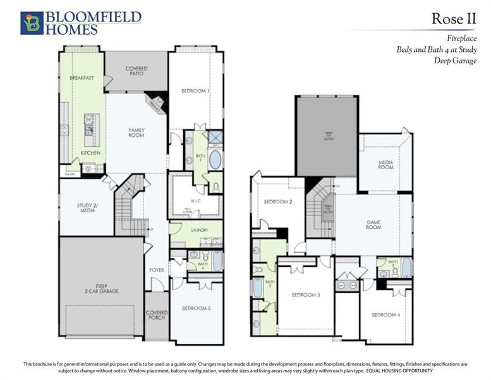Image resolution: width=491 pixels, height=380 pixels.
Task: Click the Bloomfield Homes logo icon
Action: point(31,23)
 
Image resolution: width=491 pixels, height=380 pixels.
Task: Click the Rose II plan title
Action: point(453,18)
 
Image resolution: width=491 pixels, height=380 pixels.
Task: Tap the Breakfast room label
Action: point(82,78)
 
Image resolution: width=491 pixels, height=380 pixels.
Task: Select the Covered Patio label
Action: point(136,71)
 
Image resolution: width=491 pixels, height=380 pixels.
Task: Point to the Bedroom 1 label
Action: point(195,91)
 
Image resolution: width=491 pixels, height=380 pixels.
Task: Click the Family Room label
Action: point(136,133)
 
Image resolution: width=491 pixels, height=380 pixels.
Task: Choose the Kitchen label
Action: point(90,153)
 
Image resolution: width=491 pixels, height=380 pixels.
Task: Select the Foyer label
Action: point(157,270)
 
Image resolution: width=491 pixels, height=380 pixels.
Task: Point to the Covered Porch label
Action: point(157,315)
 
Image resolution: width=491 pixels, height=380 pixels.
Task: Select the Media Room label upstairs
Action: point(385,165)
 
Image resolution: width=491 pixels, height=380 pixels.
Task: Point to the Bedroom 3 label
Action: point(305,295)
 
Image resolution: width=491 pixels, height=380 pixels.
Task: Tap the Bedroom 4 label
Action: point(385,315)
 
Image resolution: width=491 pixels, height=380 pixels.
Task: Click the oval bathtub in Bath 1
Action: point(215,159)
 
